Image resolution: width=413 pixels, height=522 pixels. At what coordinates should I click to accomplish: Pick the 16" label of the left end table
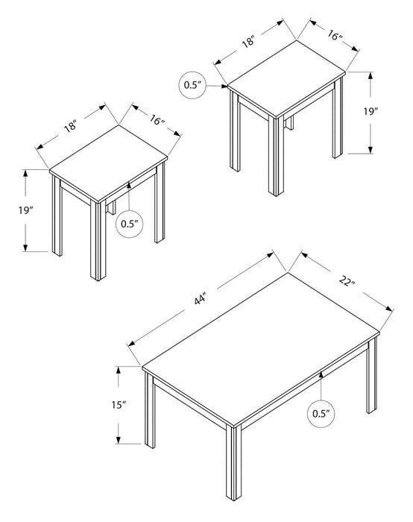pos(157,121)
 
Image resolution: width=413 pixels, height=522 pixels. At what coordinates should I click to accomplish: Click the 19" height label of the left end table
pos(25,210)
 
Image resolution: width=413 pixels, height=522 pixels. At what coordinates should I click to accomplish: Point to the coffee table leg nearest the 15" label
pos(150,410)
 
